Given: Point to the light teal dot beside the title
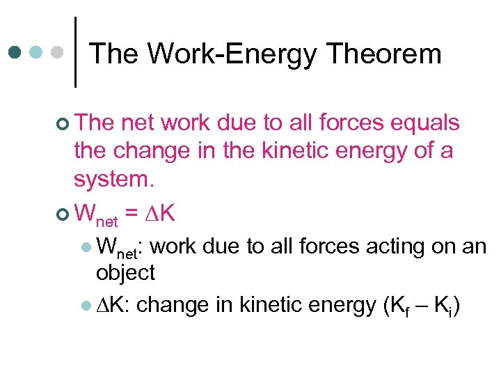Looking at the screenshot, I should tap(36, 52).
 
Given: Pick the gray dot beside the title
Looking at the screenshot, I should tap(58, 52).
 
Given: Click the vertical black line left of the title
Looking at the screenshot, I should tap(75, 52).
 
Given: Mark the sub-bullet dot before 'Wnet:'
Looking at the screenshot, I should tap(85, 247).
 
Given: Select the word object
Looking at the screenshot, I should tap(125, 273).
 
